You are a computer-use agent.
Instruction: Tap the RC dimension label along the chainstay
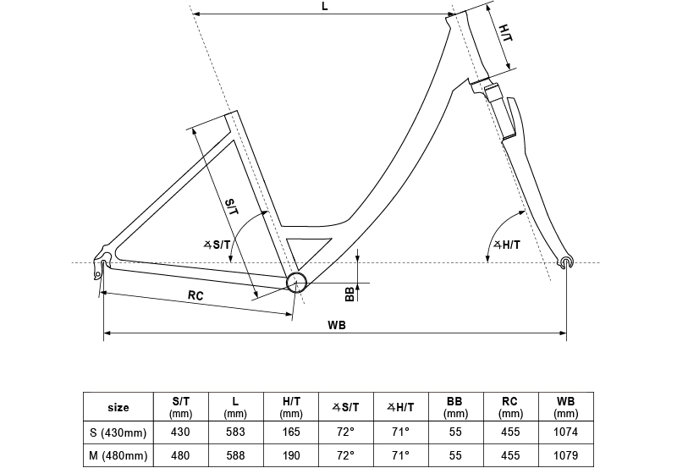[195, 295]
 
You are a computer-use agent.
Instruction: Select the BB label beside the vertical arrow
[349, 293]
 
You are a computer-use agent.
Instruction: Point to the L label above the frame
[326, 7]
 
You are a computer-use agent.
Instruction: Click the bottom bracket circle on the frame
[296, 283]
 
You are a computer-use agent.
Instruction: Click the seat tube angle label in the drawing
[217, 244]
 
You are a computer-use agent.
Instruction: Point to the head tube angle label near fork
[506, 245]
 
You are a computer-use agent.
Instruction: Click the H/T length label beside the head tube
[505, 35]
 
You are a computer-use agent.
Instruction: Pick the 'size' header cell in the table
[118, 407]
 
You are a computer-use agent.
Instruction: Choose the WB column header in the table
[565, 407]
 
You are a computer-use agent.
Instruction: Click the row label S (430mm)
[118, 432]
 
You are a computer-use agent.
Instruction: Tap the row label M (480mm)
[118, 456]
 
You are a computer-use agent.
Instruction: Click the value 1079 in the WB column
[565, 456]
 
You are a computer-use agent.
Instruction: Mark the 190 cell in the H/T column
[290, 456]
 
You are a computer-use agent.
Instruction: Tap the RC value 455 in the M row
[510, 456]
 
